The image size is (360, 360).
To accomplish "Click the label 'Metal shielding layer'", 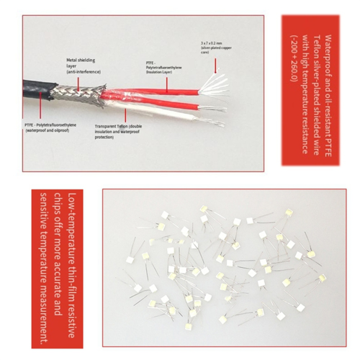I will click(81, 64).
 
